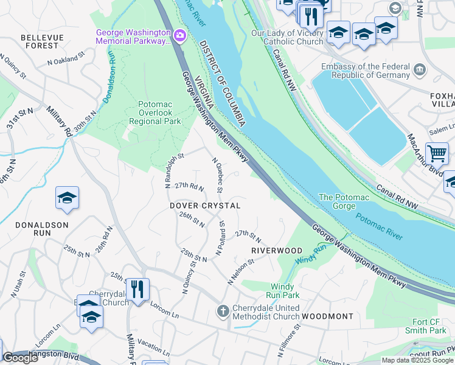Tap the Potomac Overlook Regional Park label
pyautogui.click(x=156, y=113)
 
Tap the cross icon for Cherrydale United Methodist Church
pyautogui.click(x=223, y=312)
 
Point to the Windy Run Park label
pyautogui.click(x=285, y=291)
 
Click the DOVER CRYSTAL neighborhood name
pyautogui.click(x=205, y=206)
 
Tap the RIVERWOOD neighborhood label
pyautogui.click(x=277, y=251)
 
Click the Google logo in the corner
pyautogui.click(x=20, y=358)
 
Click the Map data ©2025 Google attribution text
pyautogui.click(x=417, y=360)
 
